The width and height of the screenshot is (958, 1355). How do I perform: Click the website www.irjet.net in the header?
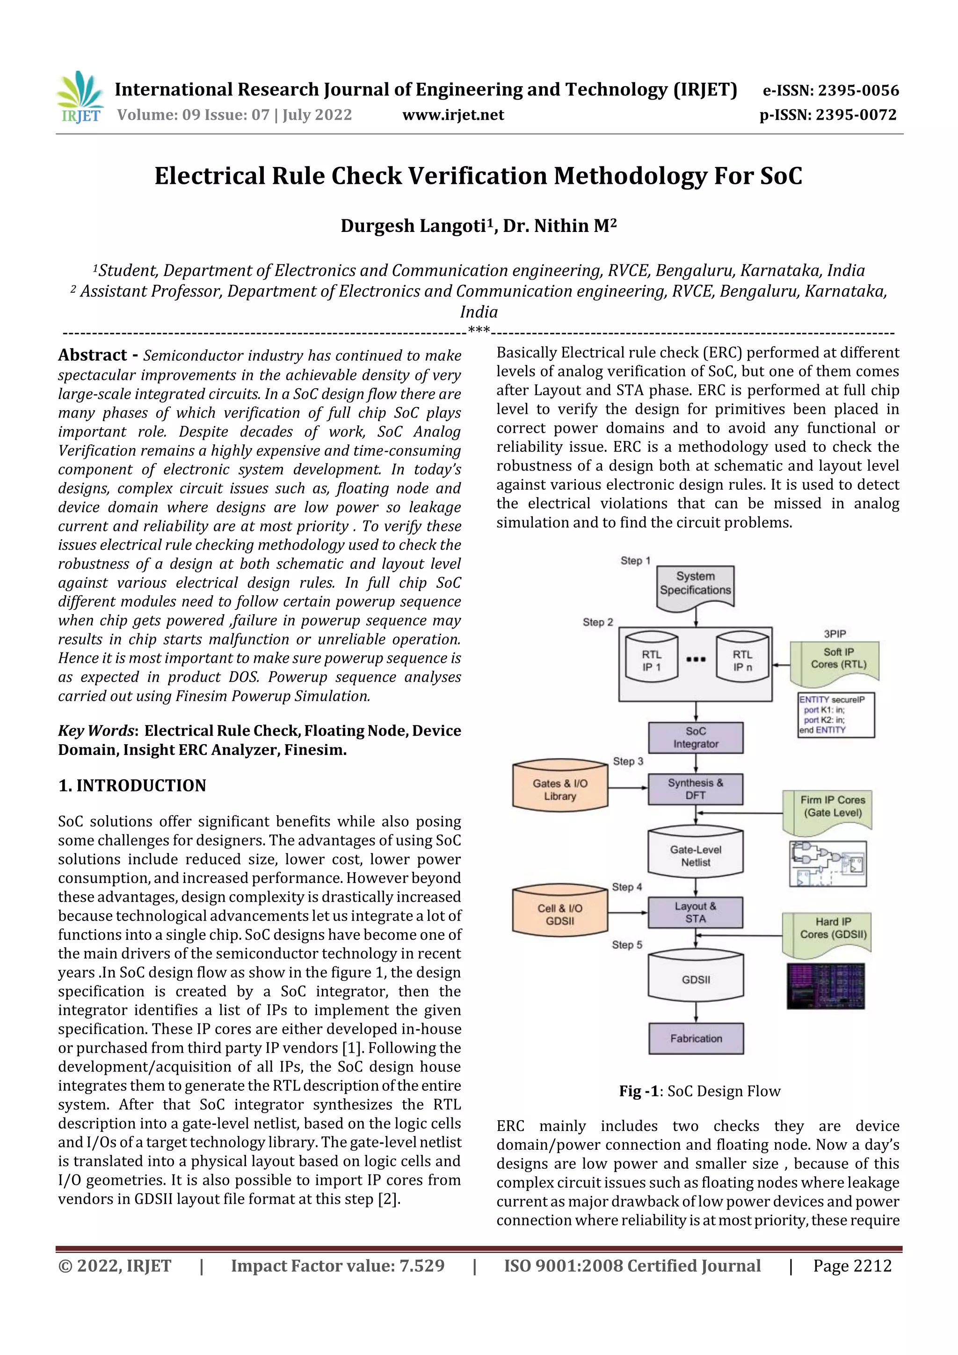pyautogui.click(x=453, y=115)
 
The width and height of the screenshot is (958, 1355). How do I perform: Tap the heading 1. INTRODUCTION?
pyautogui.click(x=132, y=785)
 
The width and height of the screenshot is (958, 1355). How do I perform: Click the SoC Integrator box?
pyautogui.click(x=695, y=738)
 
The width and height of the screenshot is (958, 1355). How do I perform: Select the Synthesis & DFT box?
pyautogui.click(x=695, y=789)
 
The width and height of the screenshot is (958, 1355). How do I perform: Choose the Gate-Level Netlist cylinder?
pyautogui.click(x=695, y=856)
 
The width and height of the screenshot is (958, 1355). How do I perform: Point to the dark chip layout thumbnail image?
pyautogui.click(x=825, y=986)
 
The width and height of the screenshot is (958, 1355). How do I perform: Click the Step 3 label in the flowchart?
pyautogui.click(x=627, y=761)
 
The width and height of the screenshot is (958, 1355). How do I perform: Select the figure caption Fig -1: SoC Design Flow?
pyautogui.click(x=699, y=1091)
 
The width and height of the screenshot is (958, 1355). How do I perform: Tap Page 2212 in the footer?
pyautogui.click(x=852, y=1266)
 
